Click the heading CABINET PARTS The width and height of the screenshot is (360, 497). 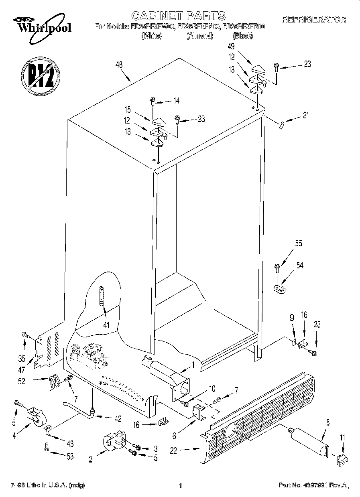pos(178,16)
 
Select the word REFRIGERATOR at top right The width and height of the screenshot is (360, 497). pos(314,19)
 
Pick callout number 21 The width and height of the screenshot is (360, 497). pos(307,116)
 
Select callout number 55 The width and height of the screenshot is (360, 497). pos(298,243)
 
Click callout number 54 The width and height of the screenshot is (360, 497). pos(299,265)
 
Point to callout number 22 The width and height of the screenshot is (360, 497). pos(173,450)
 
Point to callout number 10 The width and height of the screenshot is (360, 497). pos(212,388)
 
